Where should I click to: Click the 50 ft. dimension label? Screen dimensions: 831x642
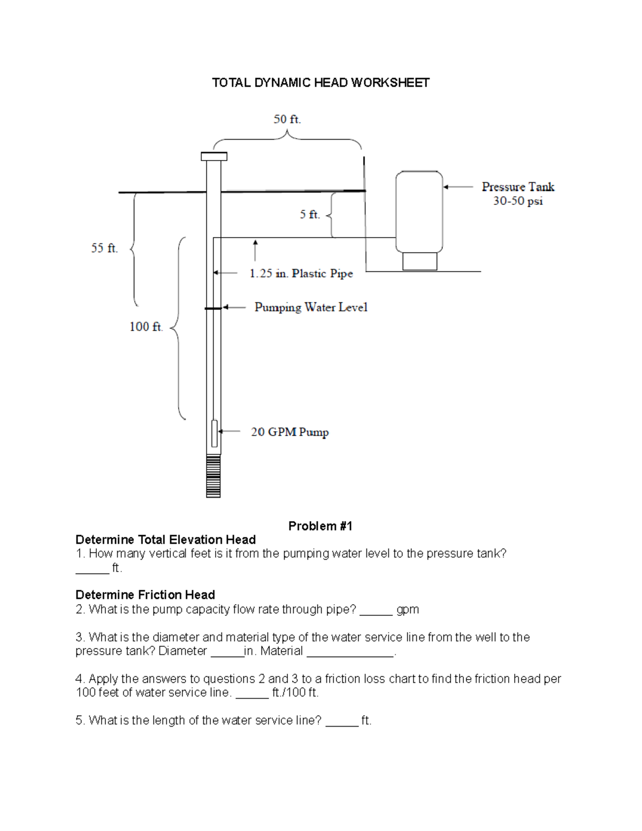287,119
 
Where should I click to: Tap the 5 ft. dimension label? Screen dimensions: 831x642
310,215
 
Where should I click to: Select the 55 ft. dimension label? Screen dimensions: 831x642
104,248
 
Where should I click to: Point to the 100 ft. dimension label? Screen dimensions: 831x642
146,326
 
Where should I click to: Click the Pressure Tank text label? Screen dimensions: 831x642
518,187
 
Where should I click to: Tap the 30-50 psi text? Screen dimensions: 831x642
518,202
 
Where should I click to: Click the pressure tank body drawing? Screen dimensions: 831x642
419,211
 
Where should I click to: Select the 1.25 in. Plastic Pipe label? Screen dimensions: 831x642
301,273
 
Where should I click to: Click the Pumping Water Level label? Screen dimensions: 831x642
311,307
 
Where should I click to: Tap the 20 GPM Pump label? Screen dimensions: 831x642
290,432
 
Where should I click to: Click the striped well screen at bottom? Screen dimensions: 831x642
213,476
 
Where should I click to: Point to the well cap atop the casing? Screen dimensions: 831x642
214,156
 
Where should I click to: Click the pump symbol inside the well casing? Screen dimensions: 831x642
215,433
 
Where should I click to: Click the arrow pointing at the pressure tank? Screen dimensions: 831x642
458,187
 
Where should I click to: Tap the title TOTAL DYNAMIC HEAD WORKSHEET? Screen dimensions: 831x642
320,82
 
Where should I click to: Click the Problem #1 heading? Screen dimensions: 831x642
320,526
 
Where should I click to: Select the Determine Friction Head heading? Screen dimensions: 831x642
145,594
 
